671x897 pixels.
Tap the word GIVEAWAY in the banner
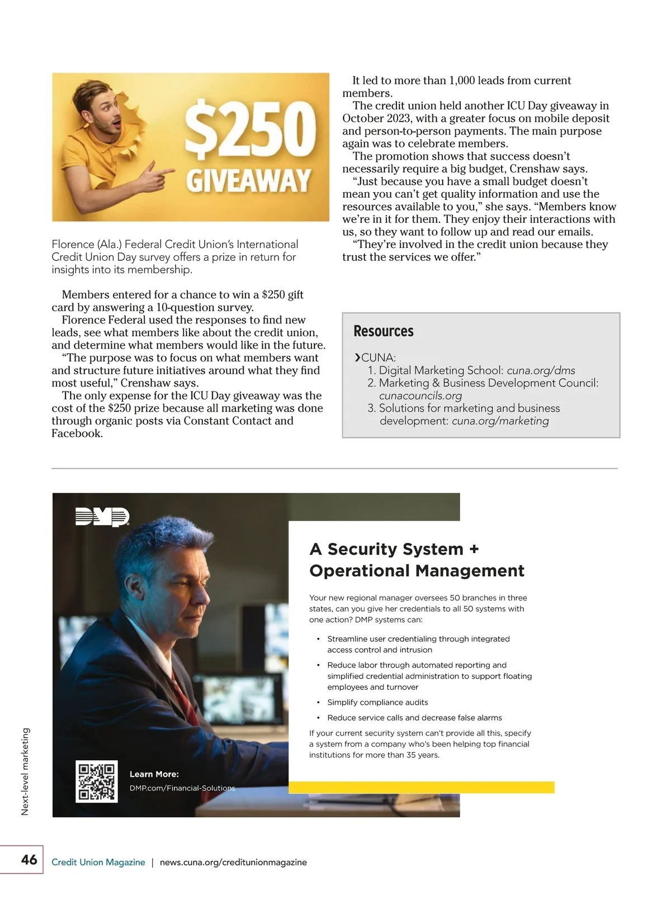point(248,181)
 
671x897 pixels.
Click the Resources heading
point(384,331)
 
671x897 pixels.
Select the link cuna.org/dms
point(541,370)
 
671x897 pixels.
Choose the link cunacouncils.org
point(420,395)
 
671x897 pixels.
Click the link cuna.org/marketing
point(500,421)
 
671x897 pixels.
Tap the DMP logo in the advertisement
point(102,517)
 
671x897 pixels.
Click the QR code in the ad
point(97,781)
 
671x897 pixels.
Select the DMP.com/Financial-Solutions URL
point(182,788)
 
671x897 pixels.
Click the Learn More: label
point(154,774)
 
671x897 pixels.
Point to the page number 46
point(29,860)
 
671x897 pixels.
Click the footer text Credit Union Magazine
point(98,862)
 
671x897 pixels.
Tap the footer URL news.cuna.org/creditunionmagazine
point(233,862)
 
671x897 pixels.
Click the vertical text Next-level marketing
point(25,771)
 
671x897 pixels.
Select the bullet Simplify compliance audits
point(377,703)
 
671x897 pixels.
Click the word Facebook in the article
point(76,433)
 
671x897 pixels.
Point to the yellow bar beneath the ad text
point(422,788)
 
